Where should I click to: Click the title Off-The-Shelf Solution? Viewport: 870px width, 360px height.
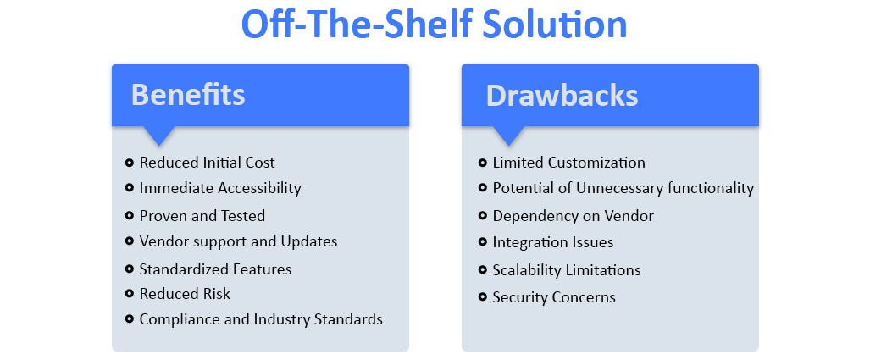(x=434, y=24)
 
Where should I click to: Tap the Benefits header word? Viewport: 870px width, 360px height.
(x=187, y=95)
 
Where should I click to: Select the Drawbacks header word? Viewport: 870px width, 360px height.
(x=562, y=95)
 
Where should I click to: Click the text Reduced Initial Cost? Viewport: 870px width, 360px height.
(x=207, y=163)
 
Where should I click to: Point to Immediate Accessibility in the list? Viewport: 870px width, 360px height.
(x=220, y=188)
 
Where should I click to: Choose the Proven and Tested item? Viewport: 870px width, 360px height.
(x=202, y=216)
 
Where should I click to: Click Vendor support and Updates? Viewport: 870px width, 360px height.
(x=238, y=241)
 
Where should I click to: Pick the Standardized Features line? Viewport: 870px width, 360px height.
(x=215, y=269)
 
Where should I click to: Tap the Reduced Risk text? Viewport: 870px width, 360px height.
(x=185, y=294)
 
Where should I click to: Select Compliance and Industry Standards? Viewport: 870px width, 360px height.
(x=261, y=319)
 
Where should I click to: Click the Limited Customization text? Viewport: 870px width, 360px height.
(x=568, y=163)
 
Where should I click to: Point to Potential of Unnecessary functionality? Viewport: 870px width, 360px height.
(x=623, y=188)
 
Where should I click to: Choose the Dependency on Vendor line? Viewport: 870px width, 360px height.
(x=573, y=216)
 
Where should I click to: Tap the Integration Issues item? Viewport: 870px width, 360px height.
(x=552, y=242)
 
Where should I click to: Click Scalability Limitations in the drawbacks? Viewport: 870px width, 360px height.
(x=566, y=270)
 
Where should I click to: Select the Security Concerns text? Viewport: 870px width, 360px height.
(x=553, y=297)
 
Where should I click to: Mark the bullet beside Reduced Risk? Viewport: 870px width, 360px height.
(x=129, y=294)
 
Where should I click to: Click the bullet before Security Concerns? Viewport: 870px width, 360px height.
(x=482, y=297)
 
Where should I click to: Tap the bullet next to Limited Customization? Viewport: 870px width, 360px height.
(x=482, y=163)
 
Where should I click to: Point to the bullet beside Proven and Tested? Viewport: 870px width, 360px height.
(x=129, y=216)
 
